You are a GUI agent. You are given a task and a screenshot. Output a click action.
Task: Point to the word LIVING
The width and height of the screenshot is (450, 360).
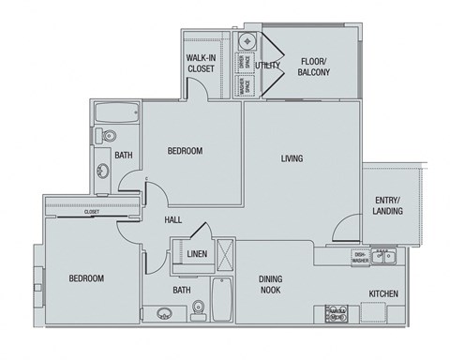point(292,158)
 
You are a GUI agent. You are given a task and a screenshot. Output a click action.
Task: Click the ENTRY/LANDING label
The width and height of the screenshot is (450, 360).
point(388,205)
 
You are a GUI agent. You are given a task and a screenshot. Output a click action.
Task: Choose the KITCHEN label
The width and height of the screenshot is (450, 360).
point(384,293)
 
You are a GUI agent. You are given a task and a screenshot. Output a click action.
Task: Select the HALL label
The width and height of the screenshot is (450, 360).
point(172,221)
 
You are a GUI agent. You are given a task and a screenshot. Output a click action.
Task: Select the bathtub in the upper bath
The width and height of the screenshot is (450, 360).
point(116,112)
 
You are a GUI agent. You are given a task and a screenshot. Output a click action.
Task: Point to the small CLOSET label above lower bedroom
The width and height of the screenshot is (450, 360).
point(91,212)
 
